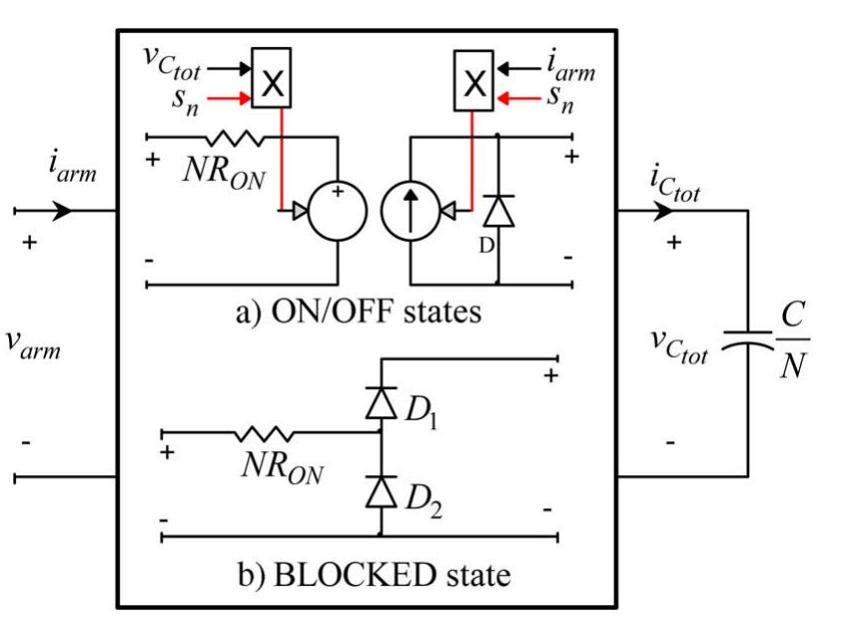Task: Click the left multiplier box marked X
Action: pyautogui.click(x=269, y=87)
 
